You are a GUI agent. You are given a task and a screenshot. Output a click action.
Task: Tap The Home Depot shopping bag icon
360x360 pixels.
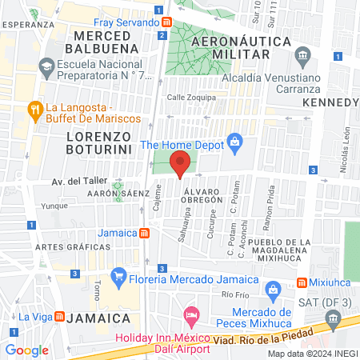click(x=234, y=144)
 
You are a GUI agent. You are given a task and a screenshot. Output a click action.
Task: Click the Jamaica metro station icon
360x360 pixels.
click(x=144, y=233)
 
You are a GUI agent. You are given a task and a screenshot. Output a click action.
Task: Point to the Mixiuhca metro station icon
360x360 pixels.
click(x=302, y=282)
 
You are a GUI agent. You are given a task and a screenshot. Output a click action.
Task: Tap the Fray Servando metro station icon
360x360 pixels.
click(x=164, y=22)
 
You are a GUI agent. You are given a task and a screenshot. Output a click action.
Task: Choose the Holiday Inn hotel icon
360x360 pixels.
click(x=190, y=317)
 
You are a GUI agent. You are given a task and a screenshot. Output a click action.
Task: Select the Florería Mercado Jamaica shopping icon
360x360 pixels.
click(x=119, y=280)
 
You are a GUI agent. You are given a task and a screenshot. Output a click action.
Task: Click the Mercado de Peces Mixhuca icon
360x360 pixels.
click(x=271, y=288)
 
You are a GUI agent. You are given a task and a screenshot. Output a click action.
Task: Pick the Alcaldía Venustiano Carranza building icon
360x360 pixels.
click(x=302, y=55)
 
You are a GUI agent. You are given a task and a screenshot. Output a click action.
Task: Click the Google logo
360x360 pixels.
click(x=27, y=350)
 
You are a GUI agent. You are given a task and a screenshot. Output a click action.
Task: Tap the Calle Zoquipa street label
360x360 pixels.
click(x=186, y=98)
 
